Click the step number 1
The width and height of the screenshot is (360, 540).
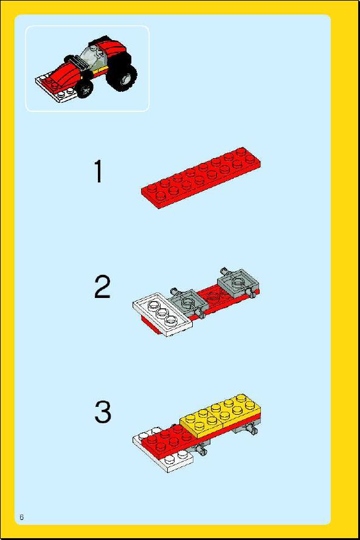[99, 171]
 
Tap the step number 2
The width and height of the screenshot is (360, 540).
[102, 286]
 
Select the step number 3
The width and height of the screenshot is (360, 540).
[103, 412]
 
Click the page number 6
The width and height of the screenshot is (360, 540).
[22, 517]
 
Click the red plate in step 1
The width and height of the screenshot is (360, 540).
[201, 178]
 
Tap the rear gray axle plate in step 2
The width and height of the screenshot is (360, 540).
[238, 283]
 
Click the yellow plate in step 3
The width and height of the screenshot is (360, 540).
[221, 415]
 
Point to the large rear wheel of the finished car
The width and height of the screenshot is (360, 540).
[121, 77]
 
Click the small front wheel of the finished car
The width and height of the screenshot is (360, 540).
[85, 89]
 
